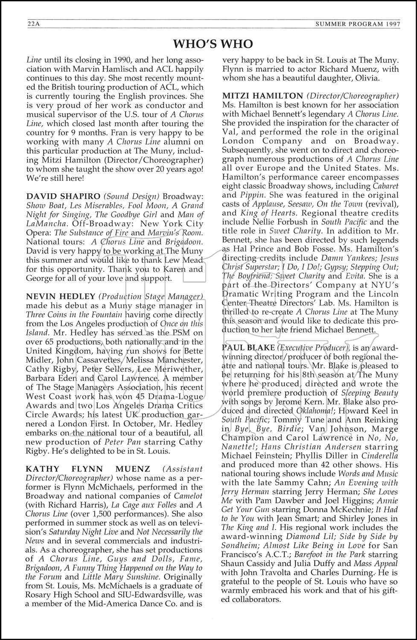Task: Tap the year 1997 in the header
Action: tap(391, 24)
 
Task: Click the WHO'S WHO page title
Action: tap(213, 44)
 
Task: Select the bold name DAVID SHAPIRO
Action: tap(56, 196)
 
